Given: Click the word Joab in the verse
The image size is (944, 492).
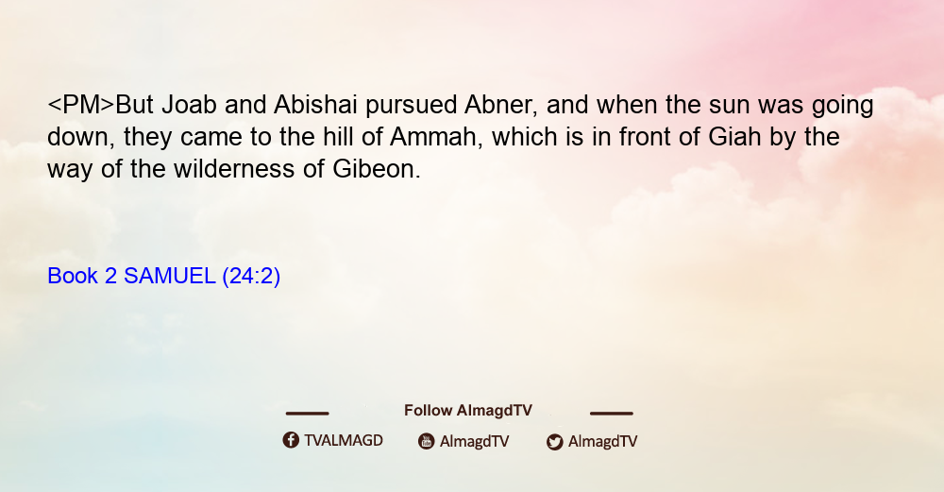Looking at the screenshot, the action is point(189,105).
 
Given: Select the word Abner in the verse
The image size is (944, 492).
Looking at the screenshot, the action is point(500,106).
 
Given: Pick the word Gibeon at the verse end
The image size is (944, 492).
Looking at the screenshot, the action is point(377,169).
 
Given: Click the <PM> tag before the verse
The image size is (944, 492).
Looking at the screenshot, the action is point(80,105).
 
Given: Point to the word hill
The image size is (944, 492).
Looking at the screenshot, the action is point(338,137).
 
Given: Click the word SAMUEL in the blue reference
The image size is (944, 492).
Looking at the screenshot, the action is point(170,276).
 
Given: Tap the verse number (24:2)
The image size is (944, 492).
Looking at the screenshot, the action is point(251,277).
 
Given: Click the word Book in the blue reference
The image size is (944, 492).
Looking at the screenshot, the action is point(73,276).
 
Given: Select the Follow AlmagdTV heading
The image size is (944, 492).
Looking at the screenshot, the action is point(468,411).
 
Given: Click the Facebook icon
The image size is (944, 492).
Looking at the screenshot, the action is point(291,440).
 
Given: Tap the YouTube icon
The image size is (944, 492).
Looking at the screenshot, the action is point(427,441).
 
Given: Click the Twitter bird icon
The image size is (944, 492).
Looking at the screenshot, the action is point(554,442).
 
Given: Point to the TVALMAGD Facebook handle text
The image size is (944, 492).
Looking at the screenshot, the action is point(344,440).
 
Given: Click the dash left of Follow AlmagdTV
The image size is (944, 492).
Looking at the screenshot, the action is point(307,413).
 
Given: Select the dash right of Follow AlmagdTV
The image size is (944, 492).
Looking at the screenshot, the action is point(612,413).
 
